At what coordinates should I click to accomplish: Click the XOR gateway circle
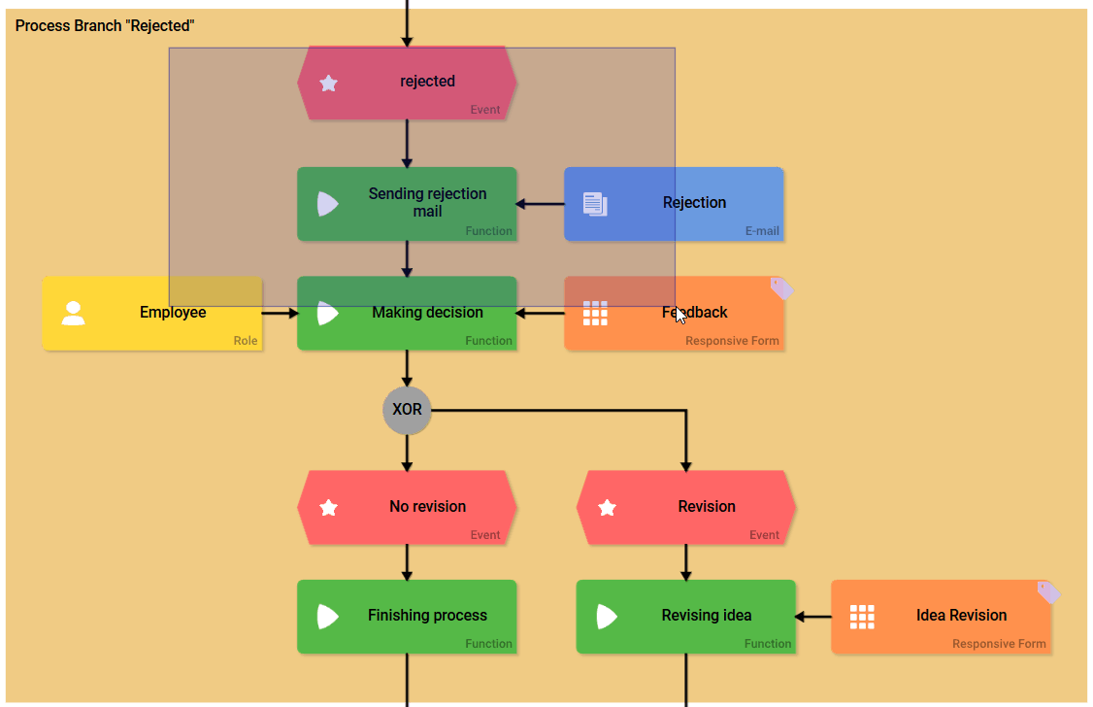(x=407, y=410)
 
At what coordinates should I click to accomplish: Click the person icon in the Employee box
(x=73, y=313)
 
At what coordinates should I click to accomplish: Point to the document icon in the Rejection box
(x=595, y=204)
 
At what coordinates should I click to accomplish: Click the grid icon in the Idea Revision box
(x=862, y=616)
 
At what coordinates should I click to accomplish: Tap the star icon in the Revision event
(x=608, y=507)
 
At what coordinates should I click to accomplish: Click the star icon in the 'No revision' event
(x=328, y=507)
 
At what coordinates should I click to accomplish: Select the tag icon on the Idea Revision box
(x=1048, y=591)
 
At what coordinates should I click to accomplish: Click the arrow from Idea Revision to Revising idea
(x=813, y=616)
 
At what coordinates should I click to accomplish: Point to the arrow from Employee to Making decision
(x=280, y=313)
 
